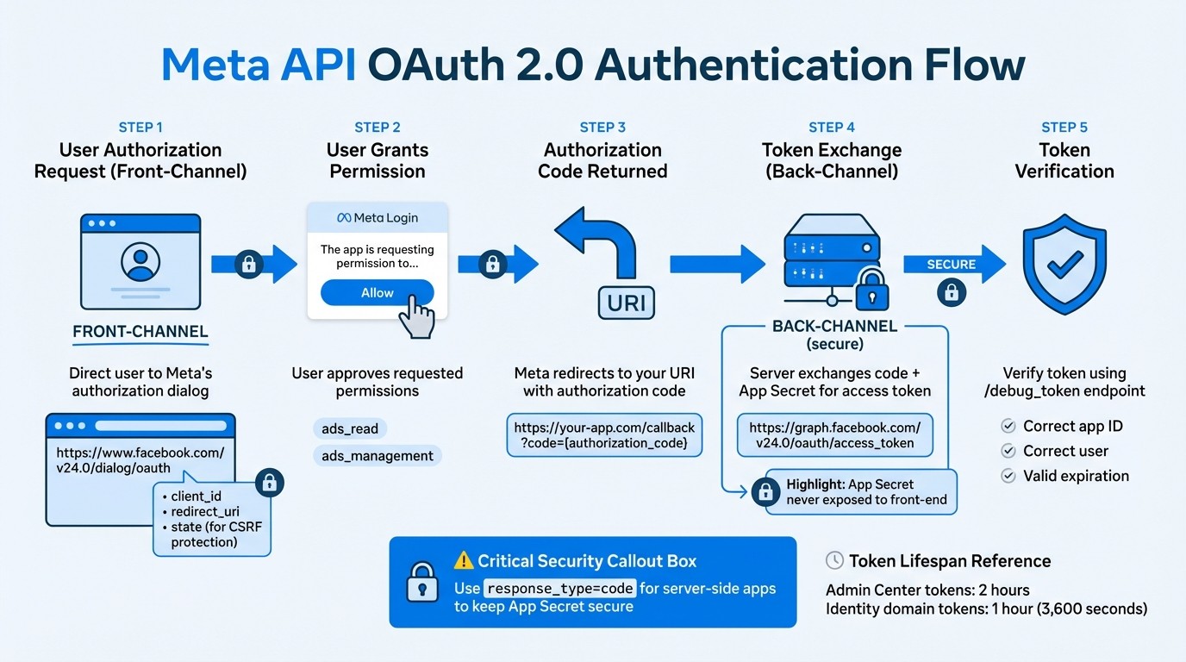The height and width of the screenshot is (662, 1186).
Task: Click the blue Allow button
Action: [x=377, y=293]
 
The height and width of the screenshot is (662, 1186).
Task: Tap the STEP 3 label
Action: [x=602, y=127]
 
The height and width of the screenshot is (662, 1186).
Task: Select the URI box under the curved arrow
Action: [x=626, y=303]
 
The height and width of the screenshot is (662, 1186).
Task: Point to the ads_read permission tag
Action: [x=349, y=428]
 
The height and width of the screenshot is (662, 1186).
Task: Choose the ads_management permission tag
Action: [x=377, y=456]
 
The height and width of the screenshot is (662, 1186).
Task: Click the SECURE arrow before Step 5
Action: [x=953, y=264]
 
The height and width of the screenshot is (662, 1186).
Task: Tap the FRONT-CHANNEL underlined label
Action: [x=140, y=332]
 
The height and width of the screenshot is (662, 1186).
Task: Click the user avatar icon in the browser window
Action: [x=140, y=259]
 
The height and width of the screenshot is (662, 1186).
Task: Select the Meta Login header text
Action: [x=378, y=218]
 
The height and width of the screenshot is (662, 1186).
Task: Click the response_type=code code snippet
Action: [x=560, y=589]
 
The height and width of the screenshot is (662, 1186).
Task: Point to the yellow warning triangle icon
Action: [x=464, y=561]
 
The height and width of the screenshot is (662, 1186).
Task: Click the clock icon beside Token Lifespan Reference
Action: [x=834, y=561]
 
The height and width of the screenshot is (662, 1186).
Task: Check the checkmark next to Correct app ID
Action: [x=1008, y=426]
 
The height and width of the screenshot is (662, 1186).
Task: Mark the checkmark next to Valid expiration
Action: [x=1008, y=476]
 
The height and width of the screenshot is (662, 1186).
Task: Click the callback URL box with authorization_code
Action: [x=604, y=435]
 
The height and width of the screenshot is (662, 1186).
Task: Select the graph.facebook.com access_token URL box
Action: [x=834, y=436]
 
